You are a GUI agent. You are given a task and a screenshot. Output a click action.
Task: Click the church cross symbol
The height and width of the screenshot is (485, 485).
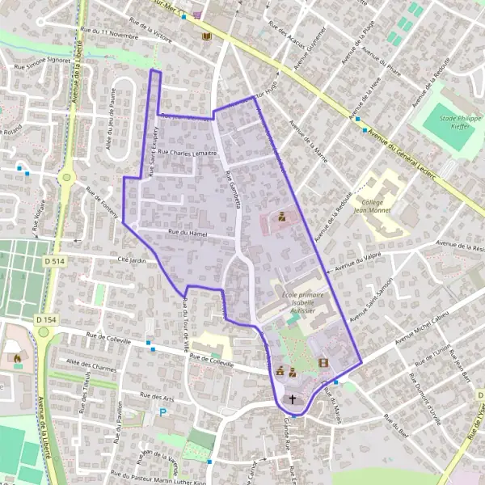(x=293, y=399)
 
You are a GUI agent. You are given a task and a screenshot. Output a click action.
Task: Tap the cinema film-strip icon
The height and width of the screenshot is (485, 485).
(x=323, y=363)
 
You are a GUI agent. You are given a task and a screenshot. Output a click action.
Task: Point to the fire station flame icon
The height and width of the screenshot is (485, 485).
(x=17, y=356)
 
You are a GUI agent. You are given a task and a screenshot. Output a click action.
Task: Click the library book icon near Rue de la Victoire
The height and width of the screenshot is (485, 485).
(x=206, y=37)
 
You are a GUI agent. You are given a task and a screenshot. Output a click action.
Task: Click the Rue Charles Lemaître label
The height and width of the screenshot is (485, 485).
(x=188, y=152)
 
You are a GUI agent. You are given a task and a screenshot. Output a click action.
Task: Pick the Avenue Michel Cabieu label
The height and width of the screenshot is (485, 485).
(x=420, y=324)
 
